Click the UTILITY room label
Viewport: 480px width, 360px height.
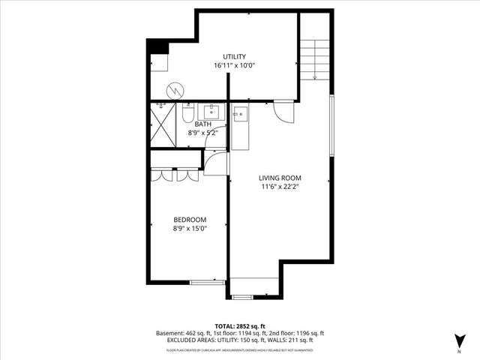[234, 57]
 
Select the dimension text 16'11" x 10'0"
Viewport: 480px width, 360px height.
[234, 66]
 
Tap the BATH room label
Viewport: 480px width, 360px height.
[202, 124]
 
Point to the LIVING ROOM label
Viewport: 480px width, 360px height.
[280, 178]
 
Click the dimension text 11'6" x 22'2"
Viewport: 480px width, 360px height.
[280, 187]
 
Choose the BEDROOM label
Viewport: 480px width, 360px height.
[189, 220]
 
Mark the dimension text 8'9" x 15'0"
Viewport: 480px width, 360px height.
[189, 229]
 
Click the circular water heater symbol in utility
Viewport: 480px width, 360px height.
[175, 90]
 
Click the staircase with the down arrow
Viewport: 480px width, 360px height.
[315, 56]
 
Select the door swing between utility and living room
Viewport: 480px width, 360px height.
[283, 112]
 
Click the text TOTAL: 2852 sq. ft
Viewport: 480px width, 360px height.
[239, 325]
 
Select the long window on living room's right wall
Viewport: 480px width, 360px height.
[331, 125]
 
